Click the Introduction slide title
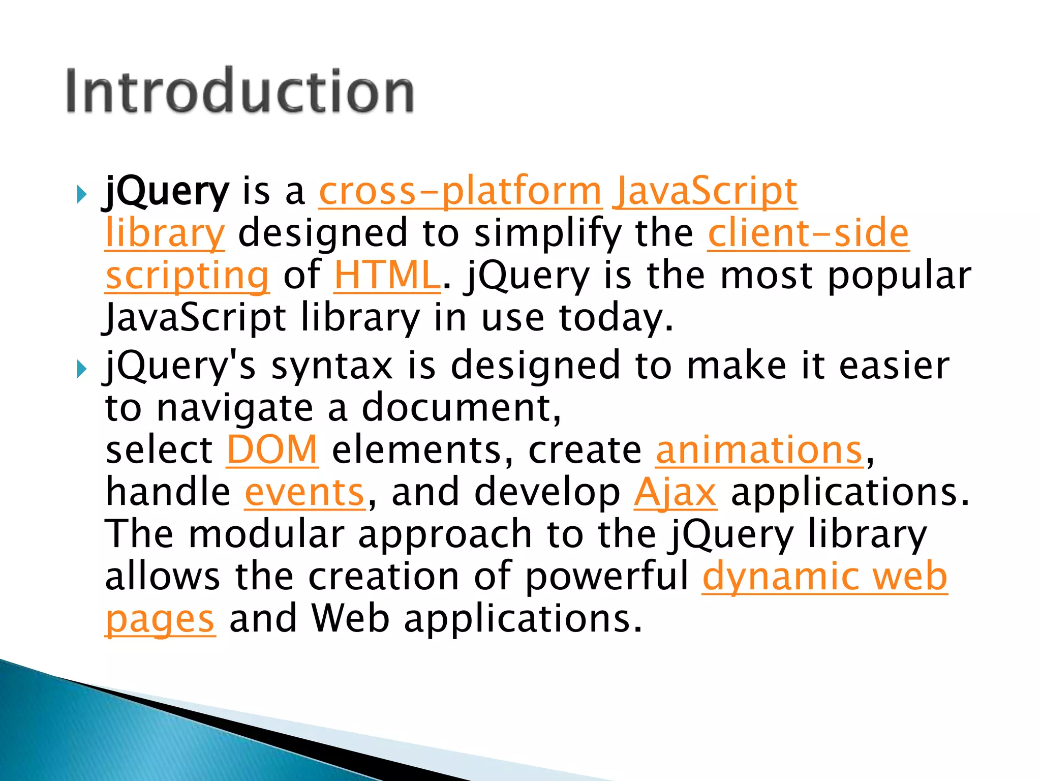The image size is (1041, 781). point(240,92)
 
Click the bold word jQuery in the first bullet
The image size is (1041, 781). point(167,192)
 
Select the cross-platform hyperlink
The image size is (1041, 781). point(460,192)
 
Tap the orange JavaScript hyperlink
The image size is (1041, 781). point(705,192)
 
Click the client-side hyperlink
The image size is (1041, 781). point(808,234)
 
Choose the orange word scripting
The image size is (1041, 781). point(187,276)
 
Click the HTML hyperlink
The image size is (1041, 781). point(387,276)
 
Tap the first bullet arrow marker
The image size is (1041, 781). point(82,194)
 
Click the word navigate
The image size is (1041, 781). point(235,408)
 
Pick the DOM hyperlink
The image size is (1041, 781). point(272,450)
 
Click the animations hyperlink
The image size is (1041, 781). point(759,450)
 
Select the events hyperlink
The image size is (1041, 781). point(304,493)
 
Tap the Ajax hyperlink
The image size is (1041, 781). point(675,493)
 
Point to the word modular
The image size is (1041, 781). point(266,535)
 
